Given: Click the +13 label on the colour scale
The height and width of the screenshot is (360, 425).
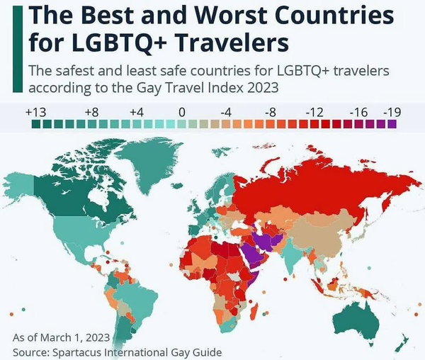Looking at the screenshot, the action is click(x=35, y=112).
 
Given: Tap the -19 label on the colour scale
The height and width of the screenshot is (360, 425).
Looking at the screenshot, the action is click(x=392, y=112).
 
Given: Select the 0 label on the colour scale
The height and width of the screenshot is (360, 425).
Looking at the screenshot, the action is click(x=181, y=112).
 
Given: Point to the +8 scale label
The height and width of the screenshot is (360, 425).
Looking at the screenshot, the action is click(x=91, y=112).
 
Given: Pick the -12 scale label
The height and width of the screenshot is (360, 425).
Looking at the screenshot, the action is click(x=314, y=112).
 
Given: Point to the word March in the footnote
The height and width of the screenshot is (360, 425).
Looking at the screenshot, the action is click(x=55, y=338).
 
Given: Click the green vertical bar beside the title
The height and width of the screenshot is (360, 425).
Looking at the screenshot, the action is click(x=18, y=50).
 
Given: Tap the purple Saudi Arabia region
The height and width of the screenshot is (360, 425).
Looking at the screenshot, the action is click(x=251, y=254).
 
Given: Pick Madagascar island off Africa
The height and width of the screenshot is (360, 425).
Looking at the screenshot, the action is click(x=255, y=311).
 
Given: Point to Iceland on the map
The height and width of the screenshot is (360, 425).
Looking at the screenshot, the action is click(x=177, y=186).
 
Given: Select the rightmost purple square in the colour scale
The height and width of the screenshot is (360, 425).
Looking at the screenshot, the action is click(x=392, y=124).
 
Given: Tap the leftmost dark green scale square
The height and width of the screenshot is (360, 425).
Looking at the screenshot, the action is click(x=36, y=124).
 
